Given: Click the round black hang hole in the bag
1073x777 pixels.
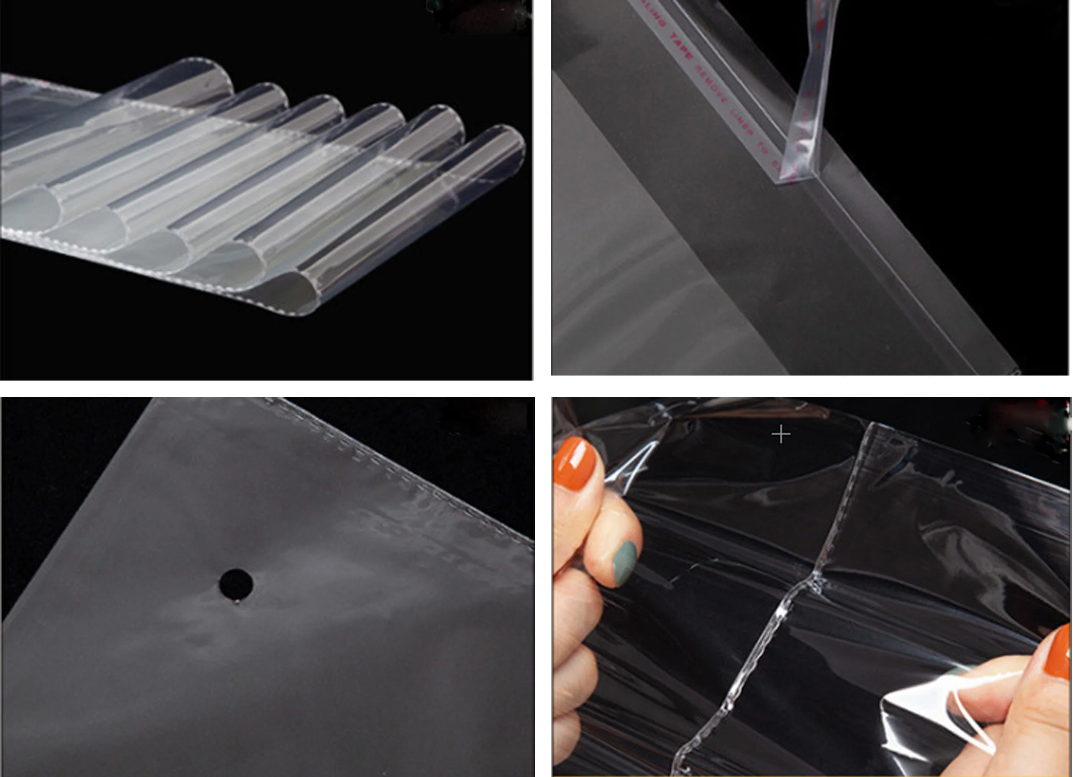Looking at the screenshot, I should tap(236, 583).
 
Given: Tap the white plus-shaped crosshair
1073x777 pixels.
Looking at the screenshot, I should tap(780, 434).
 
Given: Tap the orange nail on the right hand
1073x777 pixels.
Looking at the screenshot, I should tap(1060, 653).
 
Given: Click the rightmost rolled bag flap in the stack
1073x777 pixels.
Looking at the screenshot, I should tap(492, 156).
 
